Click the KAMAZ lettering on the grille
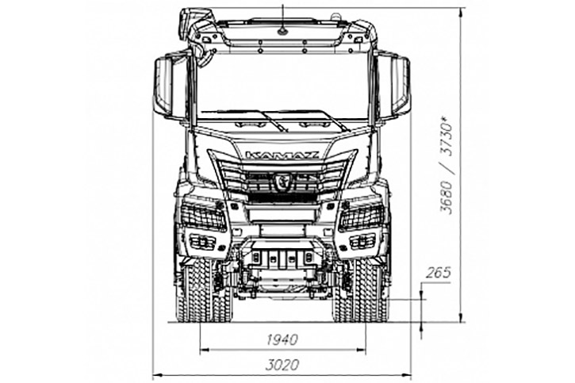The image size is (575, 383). coord(282,155)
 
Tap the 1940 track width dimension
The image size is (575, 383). coord(282,339)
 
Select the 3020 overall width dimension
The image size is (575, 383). coord(282,365)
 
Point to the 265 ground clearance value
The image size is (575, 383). coord(439,273)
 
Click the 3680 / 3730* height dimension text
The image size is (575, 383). coord(447,165)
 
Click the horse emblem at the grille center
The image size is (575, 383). coord(282,181)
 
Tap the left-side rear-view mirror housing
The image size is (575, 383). coord(163,86)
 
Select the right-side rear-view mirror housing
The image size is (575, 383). coord(400,86)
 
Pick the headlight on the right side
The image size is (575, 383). coord(362,217)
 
